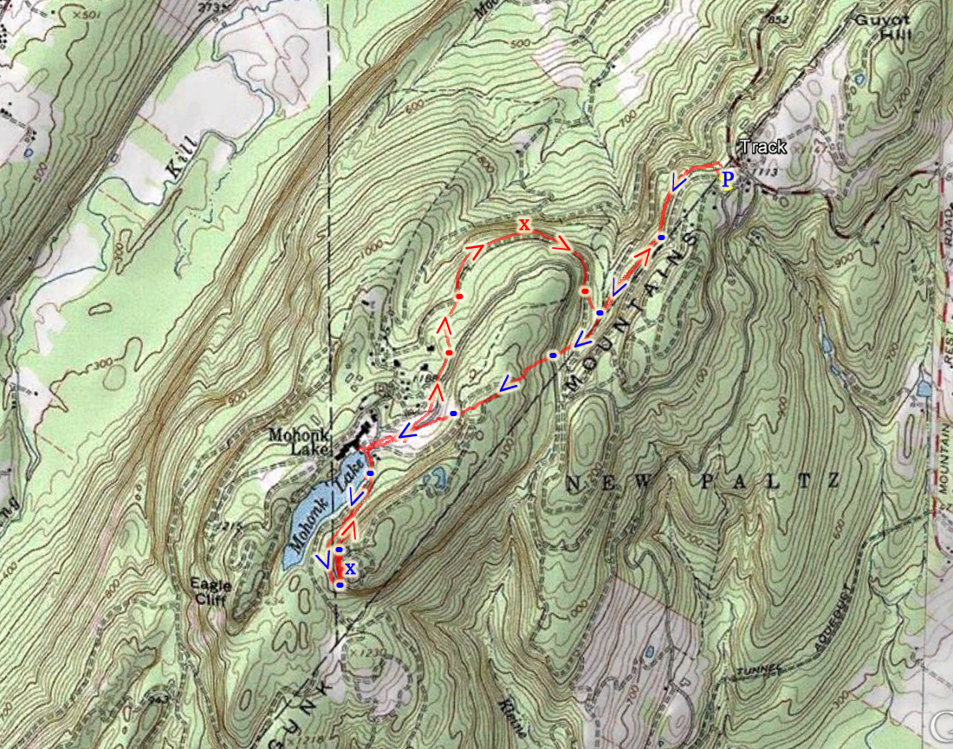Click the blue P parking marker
(x=728, y=179)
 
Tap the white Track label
(x=762, y=147)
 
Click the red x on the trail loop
(x=524, y=225)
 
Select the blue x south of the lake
(x=350, y=569)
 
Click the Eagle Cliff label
(x=211, y=590)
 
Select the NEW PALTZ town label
(x=703, y=482)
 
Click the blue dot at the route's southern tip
(x=340, y=585)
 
